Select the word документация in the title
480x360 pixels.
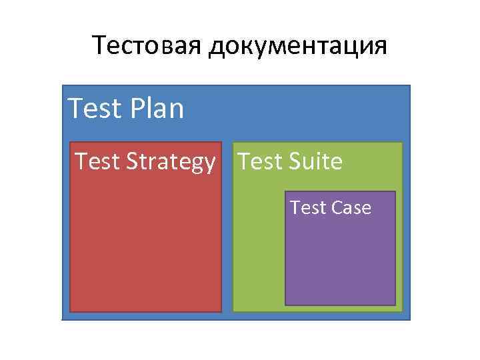[297, 47]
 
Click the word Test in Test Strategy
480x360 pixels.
[94, 161]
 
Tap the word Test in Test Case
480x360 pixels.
[307, 208]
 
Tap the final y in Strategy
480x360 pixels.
[210, 164]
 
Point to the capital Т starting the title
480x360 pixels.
[100, 46]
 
